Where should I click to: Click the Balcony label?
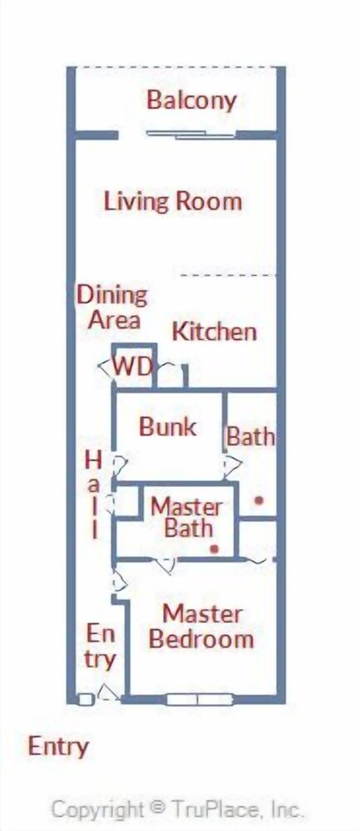pos(191,101)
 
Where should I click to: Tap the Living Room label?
pos(173,201)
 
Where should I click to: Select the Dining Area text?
pos(113,307)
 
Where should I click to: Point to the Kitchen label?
pos(215,332)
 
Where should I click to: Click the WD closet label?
pos(133,366)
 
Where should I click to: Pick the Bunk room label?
pos(168,426)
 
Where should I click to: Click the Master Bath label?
pos(186,518)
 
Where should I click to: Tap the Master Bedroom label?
pos(201,627)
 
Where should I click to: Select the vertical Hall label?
pos(94,495)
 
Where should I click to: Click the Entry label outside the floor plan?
pos(58,747)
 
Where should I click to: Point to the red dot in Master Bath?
pos(214,549)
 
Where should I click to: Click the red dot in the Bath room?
pos(259,499)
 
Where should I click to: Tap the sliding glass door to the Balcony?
pos(191,135)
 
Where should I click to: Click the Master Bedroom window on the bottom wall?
pos(200,700)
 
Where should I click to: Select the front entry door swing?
pos(109,693)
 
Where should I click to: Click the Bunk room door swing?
pos(119,465)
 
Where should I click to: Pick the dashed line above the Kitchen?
pos(229,276)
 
